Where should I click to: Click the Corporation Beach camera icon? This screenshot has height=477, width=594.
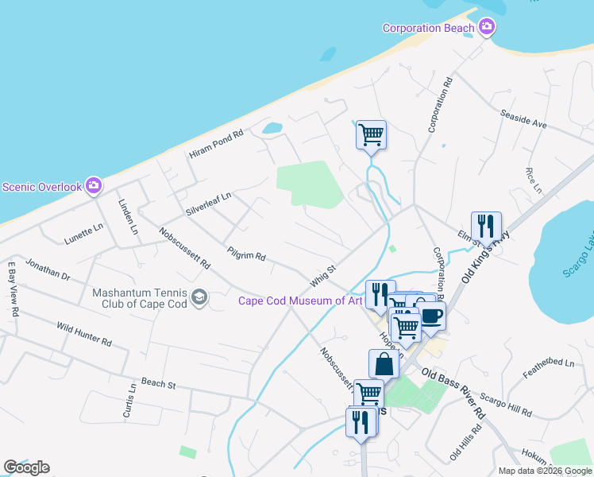[x=487, y=28]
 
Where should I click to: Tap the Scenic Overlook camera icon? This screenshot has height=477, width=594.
[x=94, y=186]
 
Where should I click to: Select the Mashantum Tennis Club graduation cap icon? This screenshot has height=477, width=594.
[x=199, y=297]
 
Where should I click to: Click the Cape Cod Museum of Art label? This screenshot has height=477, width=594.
[x=300, y=300]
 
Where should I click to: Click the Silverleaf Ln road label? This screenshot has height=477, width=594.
[x=208, y=204]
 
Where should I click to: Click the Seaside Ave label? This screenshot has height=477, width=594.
[x=523, y=119]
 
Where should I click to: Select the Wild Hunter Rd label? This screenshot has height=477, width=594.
[x=83, y=334]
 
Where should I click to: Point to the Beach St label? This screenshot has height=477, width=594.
[x=158, y=384]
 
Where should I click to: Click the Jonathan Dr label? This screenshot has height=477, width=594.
[x=48, y=270]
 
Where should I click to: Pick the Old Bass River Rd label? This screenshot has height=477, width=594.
[x=453, y=394]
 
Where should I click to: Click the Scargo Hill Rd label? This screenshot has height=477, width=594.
[x=506, y=405]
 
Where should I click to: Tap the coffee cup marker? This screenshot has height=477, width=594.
[x=431, y=316]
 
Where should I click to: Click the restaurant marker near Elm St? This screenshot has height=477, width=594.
[x=486, y=227]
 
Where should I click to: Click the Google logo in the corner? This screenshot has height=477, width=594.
[x=26, y=467]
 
